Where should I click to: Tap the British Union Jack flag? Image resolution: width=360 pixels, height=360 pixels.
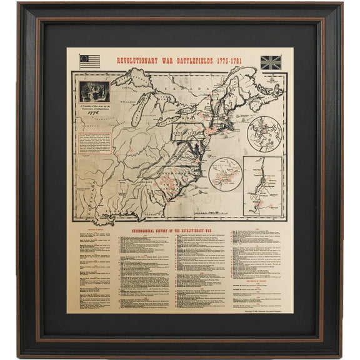[271, 62]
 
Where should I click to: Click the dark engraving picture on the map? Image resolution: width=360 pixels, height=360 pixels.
[94, 91]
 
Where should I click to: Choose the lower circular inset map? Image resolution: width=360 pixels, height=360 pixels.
[224, 174]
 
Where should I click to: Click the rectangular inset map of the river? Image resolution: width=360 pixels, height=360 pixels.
[262, 186]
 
